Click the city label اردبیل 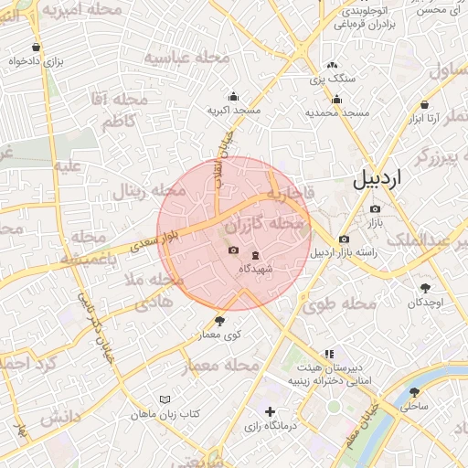pos(377,177)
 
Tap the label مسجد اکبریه pos(234,111)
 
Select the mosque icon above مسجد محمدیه pos(337,100)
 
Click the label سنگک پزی pos(330,80)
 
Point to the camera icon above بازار pos(375,208)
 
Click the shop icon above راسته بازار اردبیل pos(344,239)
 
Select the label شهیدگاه pos(255,269)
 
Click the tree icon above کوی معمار pos(219,321)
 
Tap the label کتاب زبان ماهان pos(165,414)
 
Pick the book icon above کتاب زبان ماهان pos(165,399)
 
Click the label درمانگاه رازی pos(268,426)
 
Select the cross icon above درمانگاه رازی pos(269,412)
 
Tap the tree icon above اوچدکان pos(425,288)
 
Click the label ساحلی pos(414,405)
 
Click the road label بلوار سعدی pos(151,241)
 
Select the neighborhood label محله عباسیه pos(180,60)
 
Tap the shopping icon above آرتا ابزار pos(426,104)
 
